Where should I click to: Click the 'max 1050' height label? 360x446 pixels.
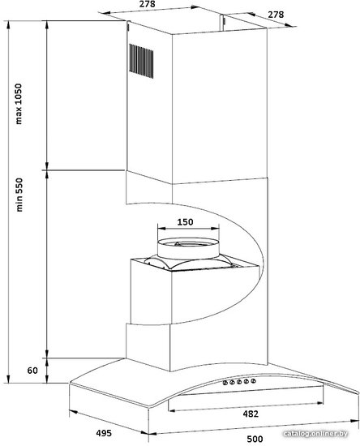point(19,104)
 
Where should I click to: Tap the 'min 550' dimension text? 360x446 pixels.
point(19,195)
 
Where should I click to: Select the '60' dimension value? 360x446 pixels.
point(32,371)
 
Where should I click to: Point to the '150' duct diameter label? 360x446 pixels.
point(185,222)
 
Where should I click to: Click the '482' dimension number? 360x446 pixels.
point(251,414)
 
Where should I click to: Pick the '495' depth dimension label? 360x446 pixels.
point(104,433)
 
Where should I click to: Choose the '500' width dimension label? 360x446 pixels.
point(255,439)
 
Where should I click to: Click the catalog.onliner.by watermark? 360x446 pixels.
point(315,434)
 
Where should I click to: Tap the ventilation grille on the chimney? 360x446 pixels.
point(141,61)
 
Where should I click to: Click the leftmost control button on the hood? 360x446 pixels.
point(225,383)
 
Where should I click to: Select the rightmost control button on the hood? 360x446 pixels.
point(253,380)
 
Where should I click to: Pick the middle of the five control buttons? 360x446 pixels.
point(239,382)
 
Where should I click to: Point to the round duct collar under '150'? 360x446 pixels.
point(189,248)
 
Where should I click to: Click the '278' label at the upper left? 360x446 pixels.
point(148,4)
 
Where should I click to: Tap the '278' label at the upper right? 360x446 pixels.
point(276,15)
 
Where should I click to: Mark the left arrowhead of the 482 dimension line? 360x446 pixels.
point(171,410)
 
